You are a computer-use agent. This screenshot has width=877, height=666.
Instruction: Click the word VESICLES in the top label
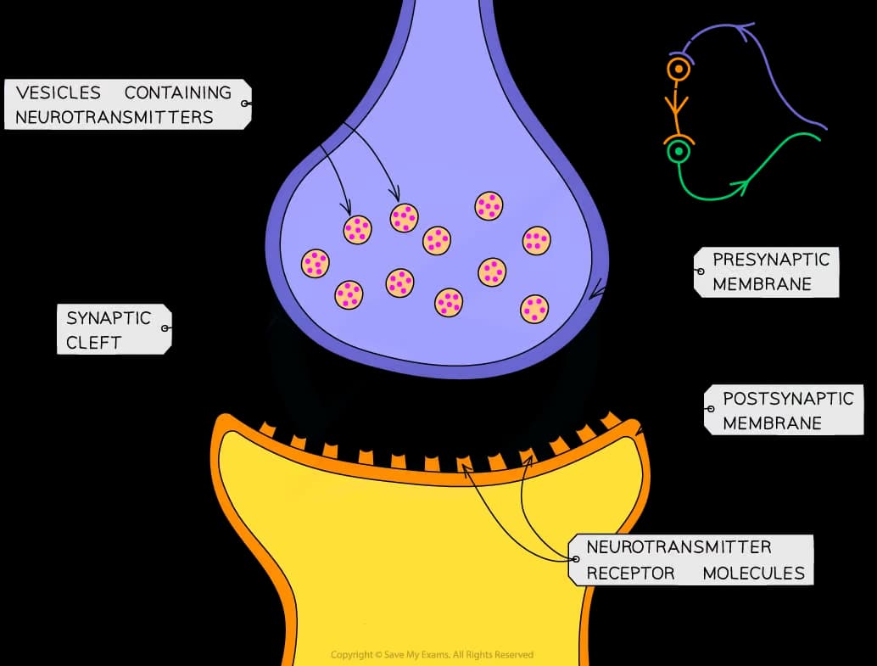coord(58,92)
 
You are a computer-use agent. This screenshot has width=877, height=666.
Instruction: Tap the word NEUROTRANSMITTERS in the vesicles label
coord(114,117)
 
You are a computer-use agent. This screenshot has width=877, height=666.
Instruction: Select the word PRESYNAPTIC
coord(770,260)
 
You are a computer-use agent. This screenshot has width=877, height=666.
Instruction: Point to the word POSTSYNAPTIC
coord(788,398)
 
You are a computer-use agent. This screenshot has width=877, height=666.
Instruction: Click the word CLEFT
coord(93,343)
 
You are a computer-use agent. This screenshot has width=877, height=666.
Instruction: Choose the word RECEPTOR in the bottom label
coord(630,573)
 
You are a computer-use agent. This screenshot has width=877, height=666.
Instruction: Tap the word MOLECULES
coord(753,573)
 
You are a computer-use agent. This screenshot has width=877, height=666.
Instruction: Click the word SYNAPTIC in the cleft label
coord(109,318)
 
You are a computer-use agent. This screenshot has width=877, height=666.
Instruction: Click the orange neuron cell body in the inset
coord(678,70)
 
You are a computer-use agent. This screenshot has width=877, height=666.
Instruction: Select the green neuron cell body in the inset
coord(678,153)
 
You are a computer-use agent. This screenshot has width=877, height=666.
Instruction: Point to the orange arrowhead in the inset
coord(679,108)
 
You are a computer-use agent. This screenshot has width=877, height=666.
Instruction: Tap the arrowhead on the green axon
coord(743,186)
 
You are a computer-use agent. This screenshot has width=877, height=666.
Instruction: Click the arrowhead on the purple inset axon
coord(747,33)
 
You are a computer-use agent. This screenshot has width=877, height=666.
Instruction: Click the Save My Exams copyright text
coord(432,655)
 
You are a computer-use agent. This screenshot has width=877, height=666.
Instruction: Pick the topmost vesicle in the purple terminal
coord(489,205)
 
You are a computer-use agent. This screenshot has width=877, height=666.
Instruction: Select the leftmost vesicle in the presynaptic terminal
coord(316,263)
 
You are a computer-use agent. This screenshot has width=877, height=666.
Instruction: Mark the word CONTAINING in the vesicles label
coord(177,92)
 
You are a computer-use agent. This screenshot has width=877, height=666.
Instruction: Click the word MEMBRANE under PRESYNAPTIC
coord(762,284)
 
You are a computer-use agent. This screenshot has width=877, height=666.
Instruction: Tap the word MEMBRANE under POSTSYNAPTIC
coord(772,423)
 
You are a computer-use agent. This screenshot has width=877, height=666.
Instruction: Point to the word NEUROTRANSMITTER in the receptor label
coord(679,547)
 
